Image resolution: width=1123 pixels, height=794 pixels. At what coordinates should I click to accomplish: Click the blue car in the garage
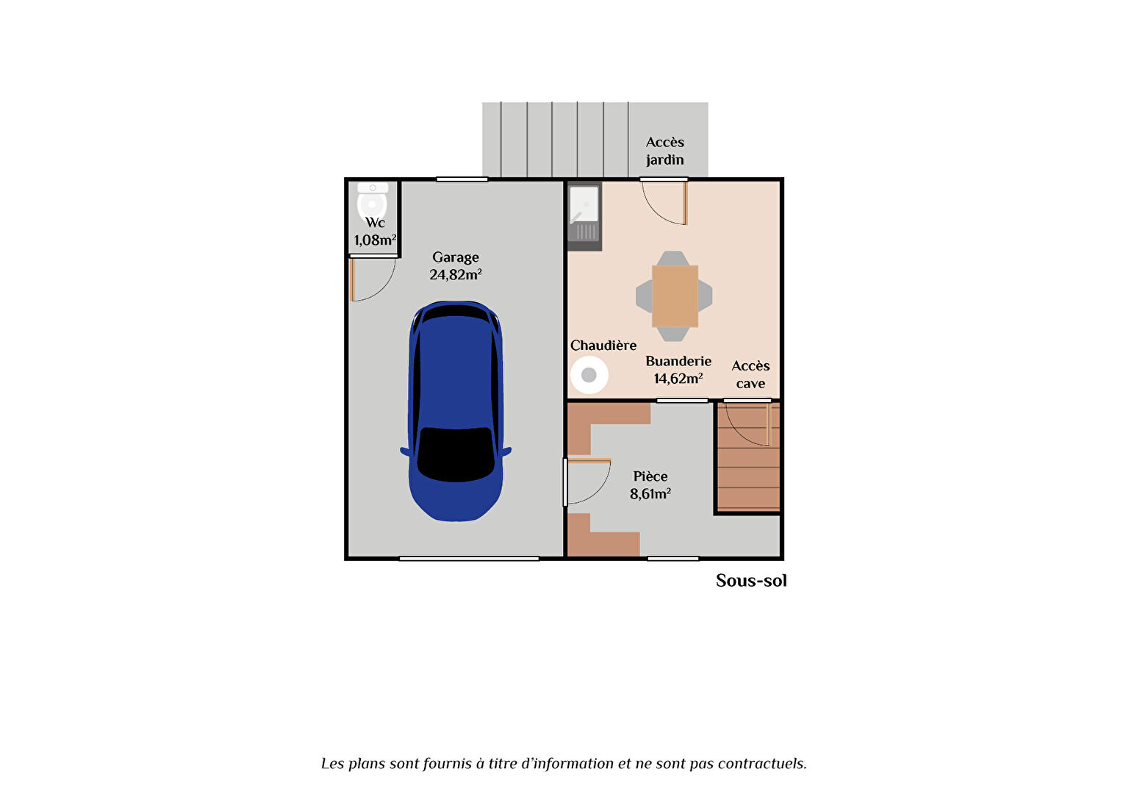pyautogui.click(x=455, y=411)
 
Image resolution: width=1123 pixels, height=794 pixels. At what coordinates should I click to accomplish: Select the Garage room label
pyautogui.click(x=455, y=257)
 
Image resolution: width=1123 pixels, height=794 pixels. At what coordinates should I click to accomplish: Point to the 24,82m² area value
pyautogui.click(x=455, y=275)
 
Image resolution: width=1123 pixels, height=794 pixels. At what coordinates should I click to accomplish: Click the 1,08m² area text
pyautogui.click(x=375, y=240)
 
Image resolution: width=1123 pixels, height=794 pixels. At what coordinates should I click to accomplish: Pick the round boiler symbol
pyautogui.click(x=589, y=375)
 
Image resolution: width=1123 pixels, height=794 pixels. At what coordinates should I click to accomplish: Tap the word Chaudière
pyautogui.click(x=603, y=345)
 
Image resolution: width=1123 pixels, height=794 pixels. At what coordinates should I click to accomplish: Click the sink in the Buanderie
pyautogui.click(x=584, y=216)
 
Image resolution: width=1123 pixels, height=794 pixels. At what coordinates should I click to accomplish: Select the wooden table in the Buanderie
pyautogui.click(x=675, y=296)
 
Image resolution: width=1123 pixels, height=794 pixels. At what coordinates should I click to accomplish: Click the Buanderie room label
pyautogui.click(x=678, y=361)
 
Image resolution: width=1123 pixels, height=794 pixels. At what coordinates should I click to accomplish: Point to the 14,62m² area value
pyautogui.click(x=678, y=379)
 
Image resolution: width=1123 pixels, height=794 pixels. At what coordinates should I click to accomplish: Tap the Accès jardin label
pyautogui.click(x=665, y=151)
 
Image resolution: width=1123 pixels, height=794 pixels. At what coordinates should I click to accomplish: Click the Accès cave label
pyautogui.click(x=750, y=375)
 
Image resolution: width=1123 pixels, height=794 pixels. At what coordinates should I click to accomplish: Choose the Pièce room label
pyautogui.click(x=650, y=476)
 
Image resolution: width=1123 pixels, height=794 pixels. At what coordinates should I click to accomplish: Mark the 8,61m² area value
pyautogui.click(x=650, y=494)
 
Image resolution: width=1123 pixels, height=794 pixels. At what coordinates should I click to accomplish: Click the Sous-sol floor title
pyautogui.click(x=751, y=580)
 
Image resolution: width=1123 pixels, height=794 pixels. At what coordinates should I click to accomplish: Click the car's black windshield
pyautogui.click(x=455, y=454)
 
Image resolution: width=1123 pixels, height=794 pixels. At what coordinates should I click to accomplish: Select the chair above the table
pyautogui.click(x=672, y=258)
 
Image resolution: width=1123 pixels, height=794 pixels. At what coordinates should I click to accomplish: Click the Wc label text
pyautogui.click(x=375, y=223)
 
